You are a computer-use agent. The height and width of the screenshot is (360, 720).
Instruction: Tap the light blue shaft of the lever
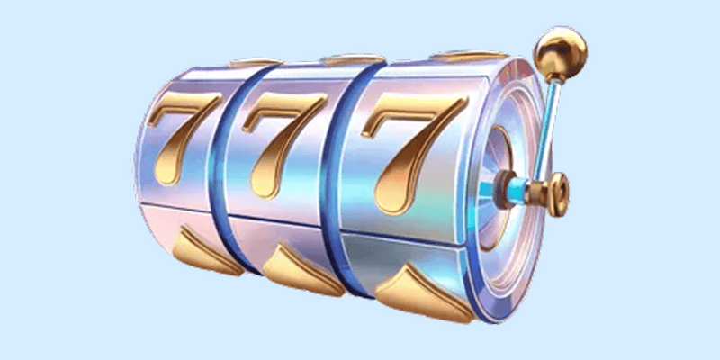[x=545, y=130]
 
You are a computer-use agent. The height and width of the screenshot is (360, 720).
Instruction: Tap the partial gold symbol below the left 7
[x=208, y=253]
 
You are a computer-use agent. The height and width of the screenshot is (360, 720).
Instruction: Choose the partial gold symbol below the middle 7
[x=303, y=271]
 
